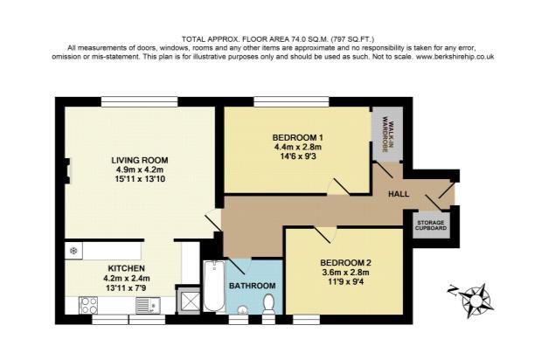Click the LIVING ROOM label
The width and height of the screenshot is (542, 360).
pos(140,160)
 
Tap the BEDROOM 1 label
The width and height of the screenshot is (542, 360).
pos(297,137)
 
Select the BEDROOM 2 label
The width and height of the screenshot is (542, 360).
pos(345,263)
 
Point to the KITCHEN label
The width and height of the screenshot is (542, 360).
pos(127,268)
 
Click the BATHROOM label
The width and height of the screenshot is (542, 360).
pos(253,286)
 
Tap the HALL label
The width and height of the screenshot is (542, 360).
pos(399,194)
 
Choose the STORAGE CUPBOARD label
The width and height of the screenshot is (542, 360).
pos(431,225)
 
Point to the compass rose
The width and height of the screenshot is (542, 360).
pos(476,300)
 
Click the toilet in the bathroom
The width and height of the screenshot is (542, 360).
pos(268,304)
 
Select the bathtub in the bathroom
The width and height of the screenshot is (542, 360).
pos(214,286)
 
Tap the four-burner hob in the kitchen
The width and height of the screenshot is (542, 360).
pos(88,306)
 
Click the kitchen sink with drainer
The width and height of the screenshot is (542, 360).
pos(148,306)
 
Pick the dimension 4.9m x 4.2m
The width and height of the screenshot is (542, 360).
pos(140,170)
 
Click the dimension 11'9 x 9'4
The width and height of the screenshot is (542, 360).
pos(345,281)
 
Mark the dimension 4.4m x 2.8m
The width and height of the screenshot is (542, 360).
pos(298,147)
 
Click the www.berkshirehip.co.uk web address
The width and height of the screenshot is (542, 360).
pos(455,57)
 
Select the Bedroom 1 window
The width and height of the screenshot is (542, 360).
pos(291,102)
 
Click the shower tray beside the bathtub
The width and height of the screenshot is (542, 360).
pos(188,301)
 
